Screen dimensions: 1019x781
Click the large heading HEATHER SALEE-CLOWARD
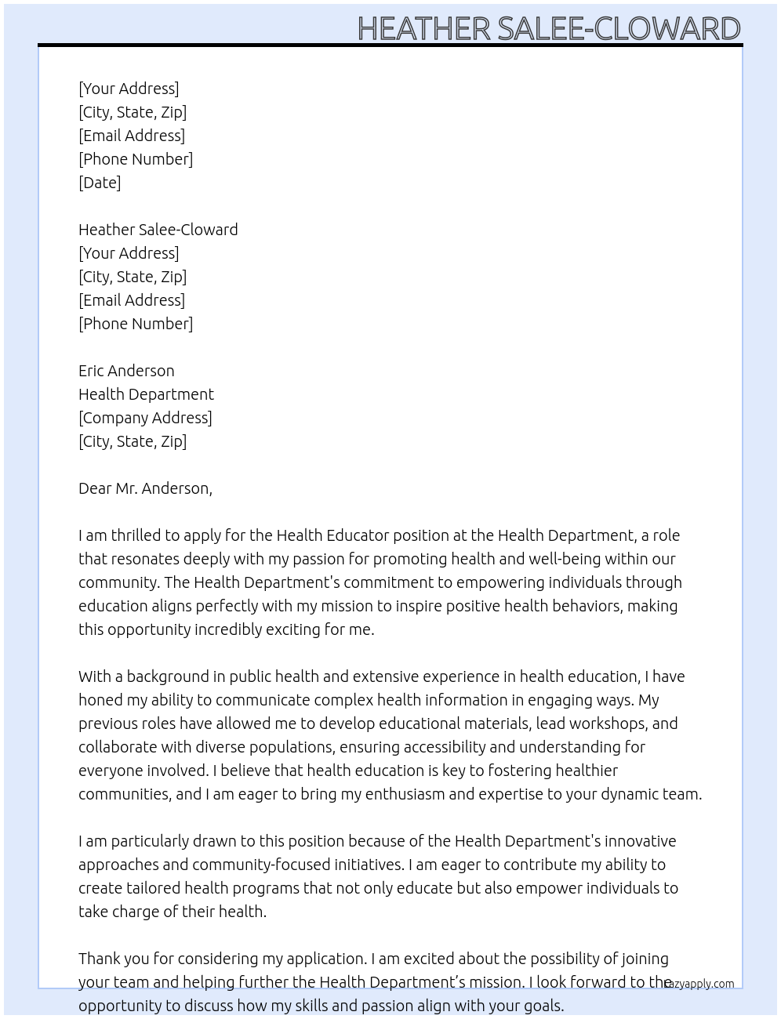tap(549, 29)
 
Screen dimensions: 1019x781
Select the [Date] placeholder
tap(100, 183)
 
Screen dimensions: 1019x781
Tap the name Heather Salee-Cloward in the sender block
tap(158, 230)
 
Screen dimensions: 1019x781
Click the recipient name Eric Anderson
tap(126, 371)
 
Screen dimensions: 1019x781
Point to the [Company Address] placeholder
tap(145, 418)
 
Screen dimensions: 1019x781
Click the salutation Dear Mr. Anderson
tap(145, 488)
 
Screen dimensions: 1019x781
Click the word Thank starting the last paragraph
tap(102, 959)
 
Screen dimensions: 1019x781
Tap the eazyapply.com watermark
tap(699, 984)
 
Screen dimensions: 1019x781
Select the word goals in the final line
tap(542, 1006)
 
